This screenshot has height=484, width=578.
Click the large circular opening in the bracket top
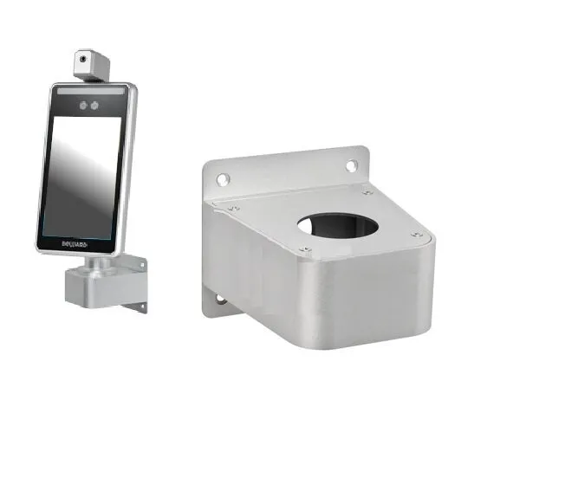[339, 223]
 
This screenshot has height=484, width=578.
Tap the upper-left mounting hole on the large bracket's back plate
[223, 179]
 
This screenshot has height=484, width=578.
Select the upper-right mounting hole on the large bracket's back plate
[352, 165]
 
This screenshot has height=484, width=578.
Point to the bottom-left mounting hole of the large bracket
[217, 300]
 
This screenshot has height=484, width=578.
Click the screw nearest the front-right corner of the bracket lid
[417, 234]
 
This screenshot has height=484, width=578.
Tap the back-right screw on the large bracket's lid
[367, 191]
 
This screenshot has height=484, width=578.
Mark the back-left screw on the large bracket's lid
[233, 208]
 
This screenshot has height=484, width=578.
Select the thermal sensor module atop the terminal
[92, 64]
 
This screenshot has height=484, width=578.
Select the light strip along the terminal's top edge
[87, 90]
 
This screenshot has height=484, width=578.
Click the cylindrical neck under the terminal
[102, 261]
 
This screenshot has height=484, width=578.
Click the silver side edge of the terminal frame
[126, 173]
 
